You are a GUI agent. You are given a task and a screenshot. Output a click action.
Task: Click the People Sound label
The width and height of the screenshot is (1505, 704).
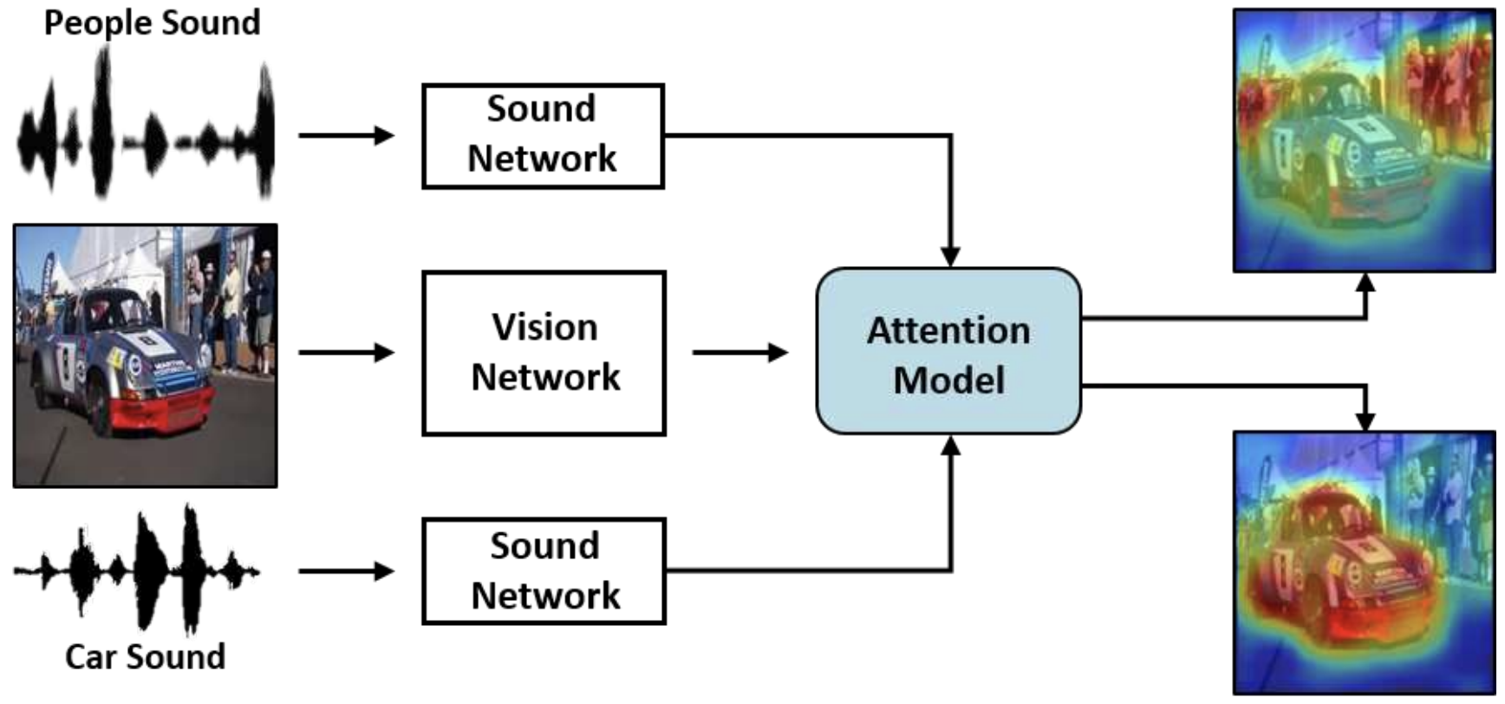[152, 23]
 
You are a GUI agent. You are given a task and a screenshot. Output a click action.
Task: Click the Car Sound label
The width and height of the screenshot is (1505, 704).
[145, 656]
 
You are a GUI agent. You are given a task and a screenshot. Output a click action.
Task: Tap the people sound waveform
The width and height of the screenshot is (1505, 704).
[146, 130]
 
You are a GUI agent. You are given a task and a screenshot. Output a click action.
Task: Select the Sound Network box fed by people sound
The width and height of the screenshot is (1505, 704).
[543, 135]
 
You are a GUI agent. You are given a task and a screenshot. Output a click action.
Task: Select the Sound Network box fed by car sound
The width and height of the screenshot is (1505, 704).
[544, 570]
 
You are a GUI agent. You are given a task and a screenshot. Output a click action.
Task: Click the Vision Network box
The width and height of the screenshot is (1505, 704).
[544, 353]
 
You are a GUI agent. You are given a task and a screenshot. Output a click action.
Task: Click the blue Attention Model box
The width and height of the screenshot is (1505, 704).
[948, 351]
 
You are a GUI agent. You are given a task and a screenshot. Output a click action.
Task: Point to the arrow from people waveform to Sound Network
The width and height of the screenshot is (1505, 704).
[346, 135]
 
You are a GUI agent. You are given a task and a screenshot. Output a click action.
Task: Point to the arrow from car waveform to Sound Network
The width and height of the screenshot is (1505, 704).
[346, 570]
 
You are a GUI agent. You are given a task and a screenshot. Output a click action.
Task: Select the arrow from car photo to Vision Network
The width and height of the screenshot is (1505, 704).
[346, 352]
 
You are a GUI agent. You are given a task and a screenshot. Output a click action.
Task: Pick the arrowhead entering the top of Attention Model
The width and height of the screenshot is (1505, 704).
[951, 256]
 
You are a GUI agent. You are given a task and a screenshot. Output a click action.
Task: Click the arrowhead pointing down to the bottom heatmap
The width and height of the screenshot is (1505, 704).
[1365, 420]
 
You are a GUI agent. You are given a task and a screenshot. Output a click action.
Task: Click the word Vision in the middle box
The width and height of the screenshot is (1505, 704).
[544, 328]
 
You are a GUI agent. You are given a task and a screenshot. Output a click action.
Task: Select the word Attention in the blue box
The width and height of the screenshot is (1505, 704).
[948, 331]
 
